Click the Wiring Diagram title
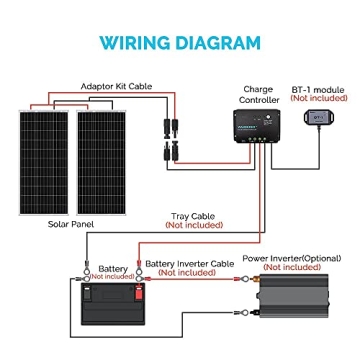pyautogui.click(x=180, y=43)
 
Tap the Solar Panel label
pyautogui.click(x=73, y=223)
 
